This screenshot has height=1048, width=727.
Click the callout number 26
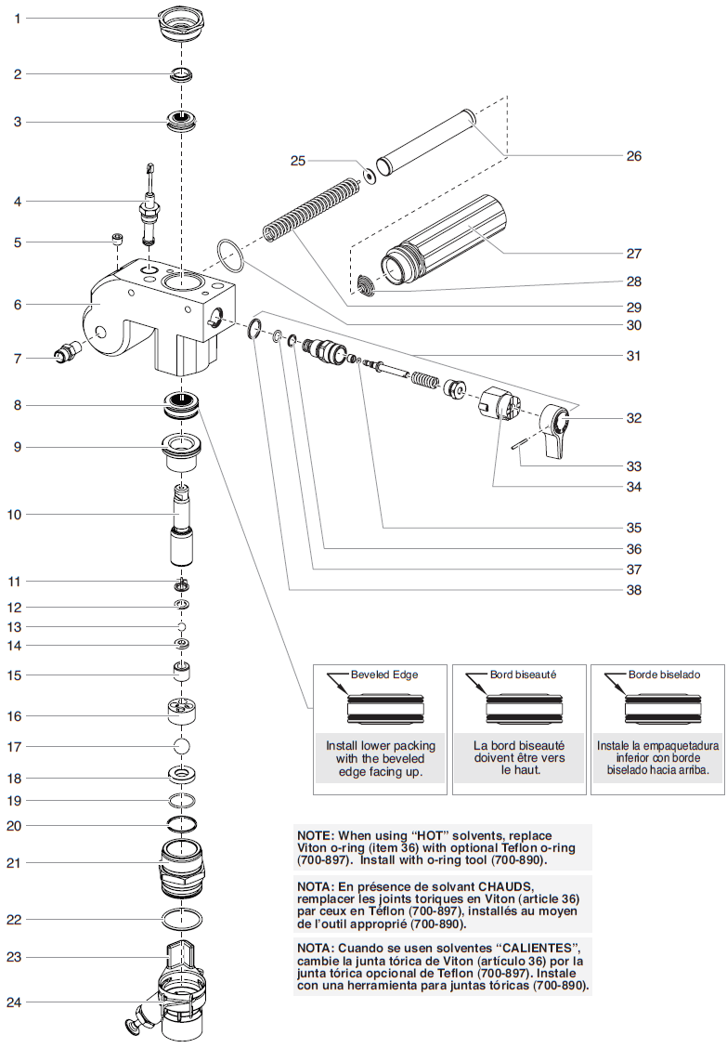[x=633, y=156]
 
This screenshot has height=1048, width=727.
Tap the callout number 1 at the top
[x=17, y=19]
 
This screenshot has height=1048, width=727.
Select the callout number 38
[x=633, y=590]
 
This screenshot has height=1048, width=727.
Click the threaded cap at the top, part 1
[x=182, y=21]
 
